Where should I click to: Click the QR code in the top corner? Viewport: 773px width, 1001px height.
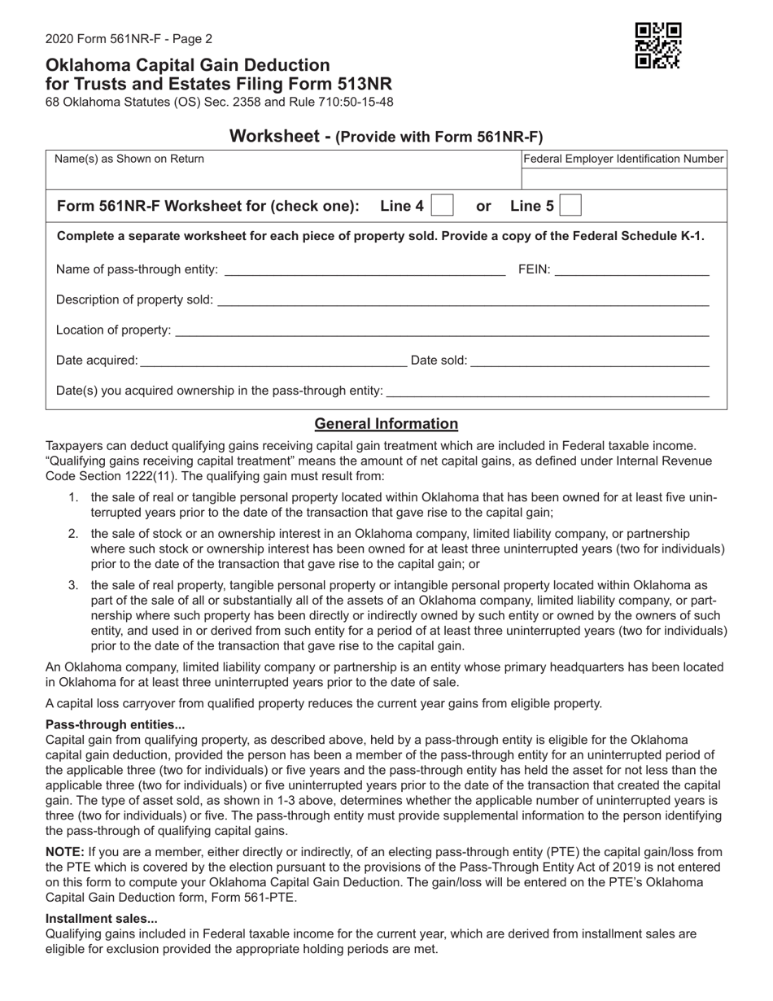click(657, 46)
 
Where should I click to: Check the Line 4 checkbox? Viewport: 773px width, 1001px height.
click(442, 206)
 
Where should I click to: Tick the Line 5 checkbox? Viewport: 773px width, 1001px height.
click(571, 206)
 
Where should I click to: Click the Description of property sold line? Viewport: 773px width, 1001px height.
click(463, 301)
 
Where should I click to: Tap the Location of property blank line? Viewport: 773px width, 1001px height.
click(442, 331)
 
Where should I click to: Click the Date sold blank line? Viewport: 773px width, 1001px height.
click(590, 361)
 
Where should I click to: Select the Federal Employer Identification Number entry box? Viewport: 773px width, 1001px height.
click(623, 179)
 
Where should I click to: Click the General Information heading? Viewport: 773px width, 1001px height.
click(386, 424)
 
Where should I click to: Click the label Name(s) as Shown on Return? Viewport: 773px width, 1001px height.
click(129, 160)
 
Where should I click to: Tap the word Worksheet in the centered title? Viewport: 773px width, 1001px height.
click(275, 137)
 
